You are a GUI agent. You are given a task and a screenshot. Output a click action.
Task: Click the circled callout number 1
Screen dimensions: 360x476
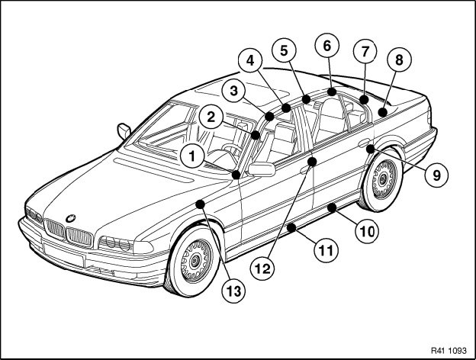coord(192,158)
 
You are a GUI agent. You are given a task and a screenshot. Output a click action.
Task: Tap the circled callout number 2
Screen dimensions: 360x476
coord(212,117)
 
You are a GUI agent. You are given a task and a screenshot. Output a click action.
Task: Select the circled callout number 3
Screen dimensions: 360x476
coord(235,91)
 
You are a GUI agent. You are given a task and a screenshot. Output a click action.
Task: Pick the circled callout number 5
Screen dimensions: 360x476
coord(283,52)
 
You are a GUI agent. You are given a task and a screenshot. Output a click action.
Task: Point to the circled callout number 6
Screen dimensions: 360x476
coord(327,46)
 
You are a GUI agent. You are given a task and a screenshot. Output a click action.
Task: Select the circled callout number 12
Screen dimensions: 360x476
coord(263,268)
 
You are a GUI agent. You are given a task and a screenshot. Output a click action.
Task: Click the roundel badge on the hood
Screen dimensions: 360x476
coord(71,217)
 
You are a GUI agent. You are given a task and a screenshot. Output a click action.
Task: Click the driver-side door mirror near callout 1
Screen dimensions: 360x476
coord(261,169)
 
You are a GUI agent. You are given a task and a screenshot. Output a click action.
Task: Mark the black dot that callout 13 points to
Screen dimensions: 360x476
coord(199,204)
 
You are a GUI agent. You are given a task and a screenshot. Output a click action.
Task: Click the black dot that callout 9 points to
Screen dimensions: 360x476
coord(369,149)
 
